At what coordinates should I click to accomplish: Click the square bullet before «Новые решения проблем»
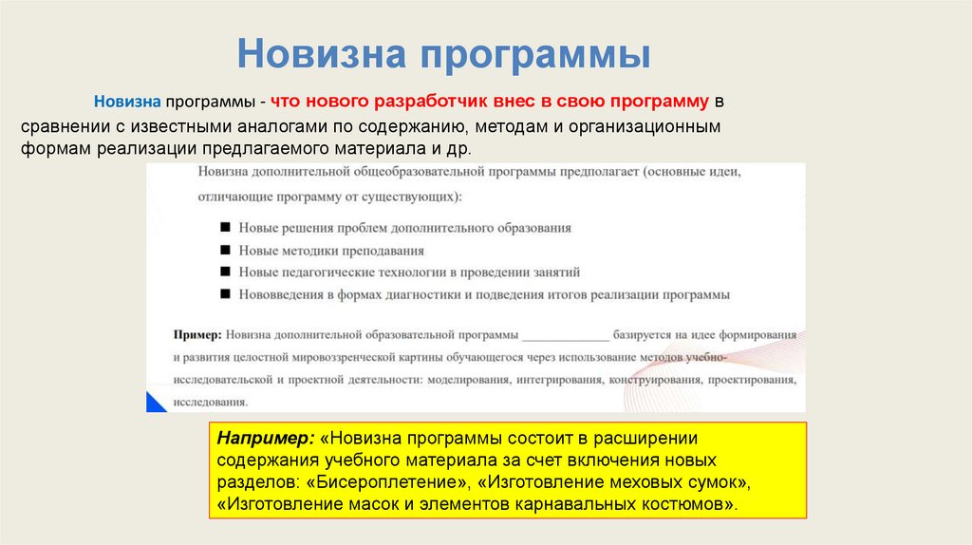coord(225,228)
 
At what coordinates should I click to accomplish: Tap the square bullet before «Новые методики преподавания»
coord(225,251)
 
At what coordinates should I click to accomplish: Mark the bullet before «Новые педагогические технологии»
coord(225,272)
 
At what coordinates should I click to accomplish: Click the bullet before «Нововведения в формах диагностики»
coord(225,294)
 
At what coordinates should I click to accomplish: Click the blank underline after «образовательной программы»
coord(566,337)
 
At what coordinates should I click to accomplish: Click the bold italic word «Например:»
coord(266,440)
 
